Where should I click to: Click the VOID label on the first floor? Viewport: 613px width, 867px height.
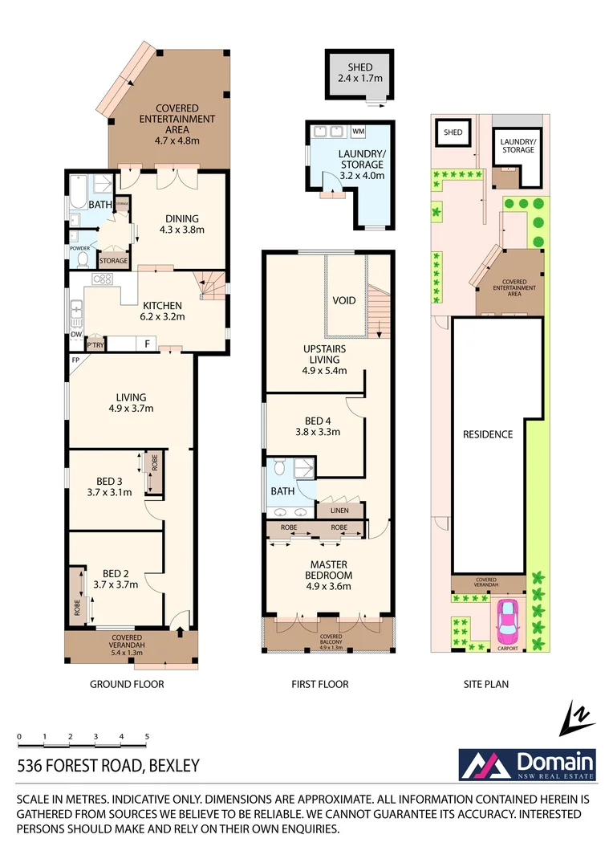pyautogui.click(x=345, y=300)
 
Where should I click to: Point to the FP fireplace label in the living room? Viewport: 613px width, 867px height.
pyautogui.click(x=75, y=360)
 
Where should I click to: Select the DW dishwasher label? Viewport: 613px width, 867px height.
pyautogui.click(x=75, y=335)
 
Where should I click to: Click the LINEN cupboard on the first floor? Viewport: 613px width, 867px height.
pyautogui.click(x=340, y=509)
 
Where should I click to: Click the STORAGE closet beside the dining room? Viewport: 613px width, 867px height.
pyautogui.click(x=113, y=260)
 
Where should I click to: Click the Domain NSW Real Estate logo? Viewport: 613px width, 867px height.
pyautogui.click(x=526, y=763)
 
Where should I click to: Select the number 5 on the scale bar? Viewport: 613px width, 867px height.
pyautogui.click(x=147, y=736)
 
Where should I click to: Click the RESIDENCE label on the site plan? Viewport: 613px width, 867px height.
pyautogui.click(x=487, y=434)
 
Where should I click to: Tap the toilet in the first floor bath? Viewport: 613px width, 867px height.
pyautogui.click(x=278, y=467)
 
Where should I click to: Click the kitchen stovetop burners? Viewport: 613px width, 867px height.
pyautogui.click(x=103, y=279)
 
